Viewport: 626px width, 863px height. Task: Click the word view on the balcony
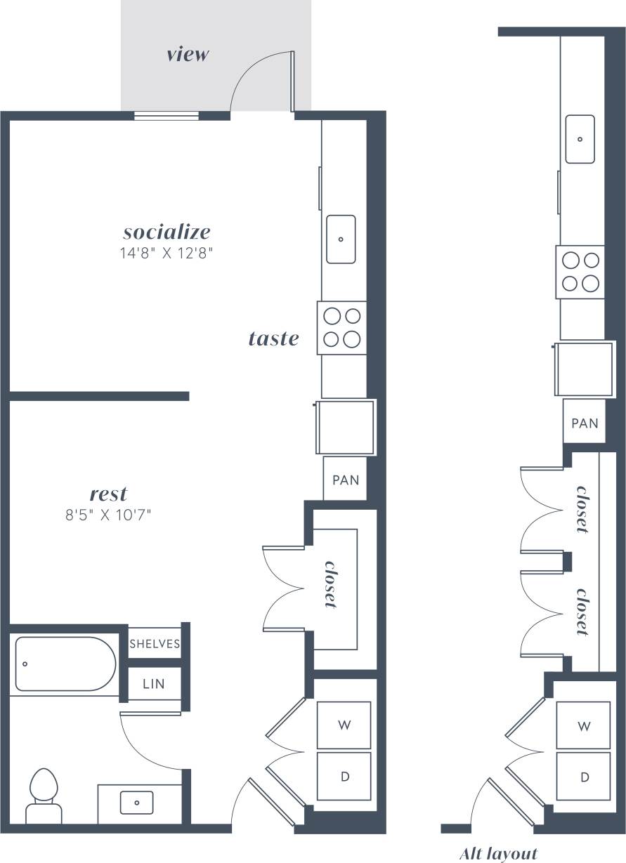(x=188, y=54)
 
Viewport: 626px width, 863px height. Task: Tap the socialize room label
(x=167, y=231)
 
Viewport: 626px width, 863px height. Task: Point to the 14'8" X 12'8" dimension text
(x=166, y=253)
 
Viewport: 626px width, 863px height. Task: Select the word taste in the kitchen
(x=273, y=338)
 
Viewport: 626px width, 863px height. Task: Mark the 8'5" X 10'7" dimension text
(x=109, y=515)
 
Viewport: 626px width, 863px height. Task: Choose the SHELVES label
(x=155, y=643)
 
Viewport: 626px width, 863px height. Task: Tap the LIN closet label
(x=153, y=683)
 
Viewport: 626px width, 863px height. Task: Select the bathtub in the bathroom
(x=65, y=664)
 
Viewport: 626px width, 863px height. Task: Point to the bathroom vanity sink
(x=136, y=802)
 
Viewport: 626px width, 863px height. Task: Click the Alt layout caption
(x=498, y=853)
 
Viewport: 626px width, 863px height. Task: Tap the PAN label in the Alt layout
(x=585, y=423)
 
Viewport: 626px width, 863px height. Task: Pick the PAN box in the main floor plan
(x=345, y=480)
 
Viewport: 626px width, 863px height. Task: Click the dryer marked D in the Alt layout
(x=584, y=777)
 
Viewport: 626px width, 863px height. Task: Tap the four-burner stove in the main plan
(x=342, y=328)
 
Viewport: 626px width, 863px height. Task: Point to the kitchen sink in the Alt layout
(x=580, y=139)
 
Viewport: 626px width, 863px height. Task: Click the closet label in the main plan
(x=329, y=584)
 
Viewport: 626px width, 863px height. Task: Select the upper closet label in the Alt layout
(x=582, y=509)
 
